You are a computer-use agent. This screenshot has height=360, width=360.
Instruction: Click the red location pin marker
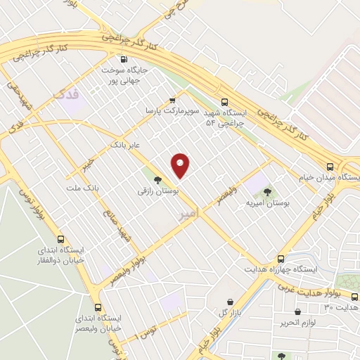point(181,165)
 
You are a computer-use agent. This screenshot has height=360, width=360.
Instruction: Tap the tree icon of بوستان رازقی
point(157,179)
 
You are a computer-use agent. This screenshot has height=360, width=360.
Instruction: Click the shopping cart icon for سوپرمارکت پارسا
point(172,101)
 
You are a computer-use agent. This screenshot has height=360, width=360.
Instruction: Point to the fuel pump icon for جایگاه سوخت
point(124,60)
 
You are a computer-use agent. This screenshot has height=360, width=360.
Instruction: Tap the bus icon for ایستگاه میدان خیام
point(330,167)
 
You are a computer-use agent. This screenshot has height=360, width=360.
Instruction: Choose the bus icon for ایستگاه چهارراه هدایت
point(281,258)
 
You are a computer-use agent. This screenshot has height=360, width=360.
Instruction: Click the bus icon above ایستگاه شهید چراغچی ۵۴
point(224,101)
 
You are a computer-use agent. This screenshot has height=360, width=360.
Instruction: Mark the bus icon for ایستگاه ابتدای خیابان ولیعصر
point(97,307)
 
